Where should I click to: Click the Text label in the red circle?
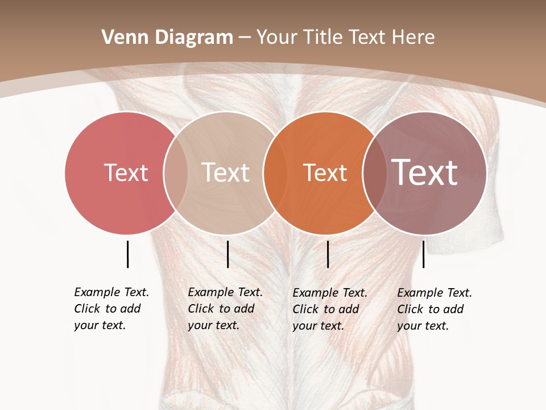click(126, 173)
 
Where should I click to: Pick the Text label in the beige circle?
click(226, 173)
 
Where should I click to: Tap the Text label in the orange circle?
click(325, 173)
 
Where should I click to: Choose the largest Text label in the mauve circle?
click(425, 173)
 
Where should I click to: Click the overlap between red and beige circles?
click(176, 173)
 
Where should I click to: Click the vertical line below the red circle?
click(127, 254)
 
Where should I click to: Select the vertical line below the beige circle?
click(227, 254)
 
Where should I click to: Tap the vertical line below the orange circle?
click(328, 254)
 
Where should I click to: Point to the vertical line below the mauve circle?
click(423, 254)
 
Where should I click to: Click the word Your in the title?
click(277, 38)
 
